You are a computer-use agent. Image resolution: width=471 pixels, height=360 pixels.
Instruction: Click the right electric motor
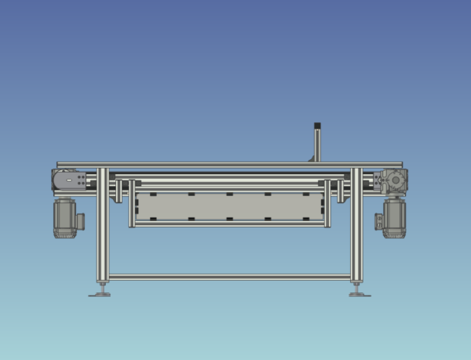tap(395, 218)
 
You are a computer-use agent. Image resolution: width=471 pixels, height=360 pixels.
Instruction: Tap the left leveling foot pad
tap(100, 294)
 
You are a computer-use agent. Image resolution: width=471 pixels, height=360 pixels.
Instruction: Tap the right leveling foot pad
tap(360, 294)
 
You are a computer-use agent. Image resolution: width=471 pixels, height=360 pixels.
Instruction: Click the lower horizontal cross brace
tap(229, 277)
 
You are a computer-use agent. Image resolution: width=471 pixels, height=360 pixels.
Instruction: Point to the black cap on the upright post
tap(317, 125)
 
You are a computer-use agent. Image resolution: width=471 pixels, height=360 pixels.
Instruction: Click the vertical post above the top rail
tap(317, 145)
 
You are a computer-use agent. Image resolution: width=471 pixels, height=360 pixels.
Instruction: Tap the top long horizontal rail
tap(229, 165)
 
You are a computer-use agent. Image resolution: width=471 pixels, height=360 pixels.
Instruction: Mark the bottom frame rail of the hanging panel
tap(229, 224)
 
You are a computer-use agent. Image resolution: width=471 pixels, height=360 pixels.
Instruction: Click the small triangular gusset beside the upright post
tap(312, 158)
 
